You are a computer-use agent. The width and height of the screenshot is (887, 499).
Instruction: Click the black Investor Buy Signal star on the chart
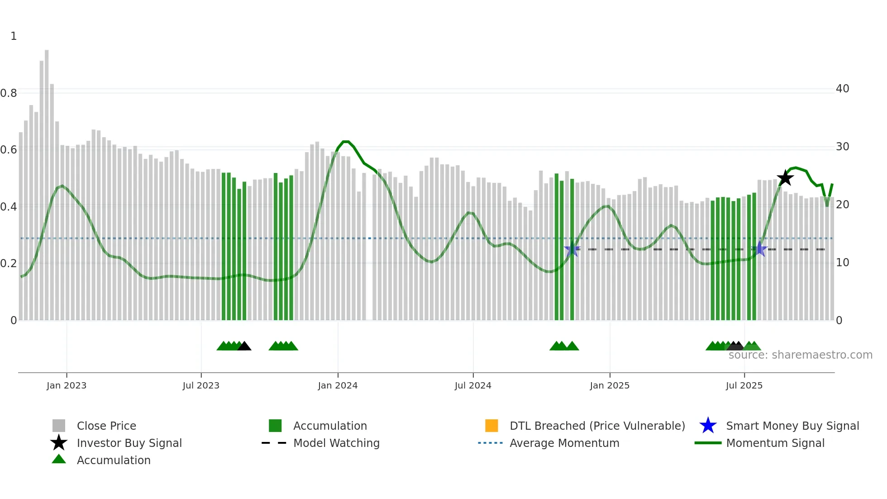[x=785, y=178]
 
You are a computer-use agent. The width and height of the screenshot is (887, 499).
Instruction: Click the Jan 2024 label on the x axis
[x=338, y=385]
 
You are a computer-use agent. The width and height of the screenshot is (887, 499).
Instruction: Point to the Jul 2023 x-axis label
[x=201, y=385]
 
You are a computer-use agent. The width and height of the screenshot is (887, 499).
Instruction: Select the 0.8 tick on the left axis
[x=9, y=93]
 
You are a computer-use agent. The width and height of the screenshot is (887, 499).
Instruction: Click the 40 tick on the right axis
[x=842, y=89]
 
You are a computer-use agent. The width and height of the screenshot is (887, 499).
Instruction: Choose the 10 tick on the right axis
[x=842, y=263]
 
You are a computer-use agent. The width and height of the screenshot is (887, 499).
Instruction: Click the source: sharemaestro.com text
[x=800, y=355]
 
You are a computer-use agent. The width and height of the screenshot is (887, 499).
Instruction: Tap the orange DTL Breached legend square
[x=491, y=426]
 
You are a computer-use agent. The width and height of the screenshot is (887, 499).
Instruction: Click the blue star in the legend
[x=708, y=426]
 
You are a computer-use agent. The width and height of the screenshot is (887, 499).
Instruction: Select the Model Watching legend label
[x=336, y=443]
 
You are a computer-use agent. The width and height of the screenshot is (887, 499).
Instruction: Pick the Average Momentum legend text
[x=564, y=443]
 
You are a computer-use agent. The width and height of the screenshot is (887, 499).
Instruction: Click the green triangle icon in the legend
[x=59, y=459]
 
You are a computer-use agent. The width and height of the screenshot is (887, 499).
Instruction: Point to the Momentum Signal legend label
[x=775, y=443]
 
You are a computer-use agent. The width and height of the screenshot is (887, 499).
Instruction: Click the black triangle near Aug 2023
[x=244, y=346]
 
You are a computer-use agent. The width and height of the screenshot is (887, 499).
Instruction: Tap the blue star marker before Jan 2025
[x=572, y=249]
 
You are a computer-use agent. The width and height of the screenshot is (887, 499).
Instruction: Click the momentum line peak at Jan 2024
[x=346, y=142]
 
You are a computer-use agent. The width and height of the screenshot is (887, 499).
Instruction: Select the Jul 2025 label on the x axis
[x=744, y=385]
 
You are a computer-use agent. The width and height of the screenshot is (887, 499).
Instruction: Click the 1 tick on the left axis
[x=14, y=36]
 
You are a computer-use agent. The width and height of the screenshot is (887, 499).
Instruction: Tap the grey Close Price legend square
[x=59, y=426]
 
